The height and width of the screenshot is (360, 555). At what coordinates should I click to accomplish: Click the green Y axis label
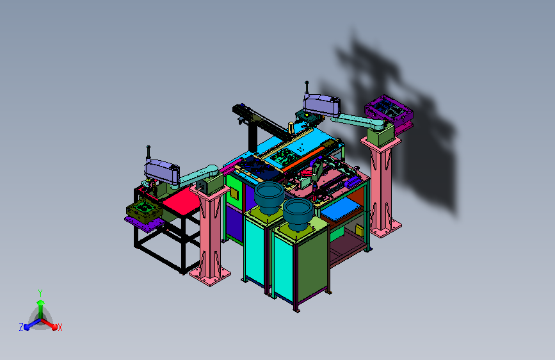pyautogui.click(x=40, y=293)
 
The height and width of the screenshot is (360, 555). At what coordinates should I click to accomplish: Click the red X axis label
pyautogui.click(x=60, y=327)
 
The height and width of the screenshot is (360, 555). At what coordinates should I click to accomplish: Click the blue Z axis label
pyautogui.click(x=21, y=327)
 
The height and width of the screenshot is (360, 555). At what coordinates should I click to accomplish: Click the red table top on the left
pyautogui.click(x=182, y=201)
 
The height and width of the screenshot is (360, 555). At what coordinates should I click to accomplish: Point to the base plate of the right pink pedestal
pyautogui.click(x=385, y=229)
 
